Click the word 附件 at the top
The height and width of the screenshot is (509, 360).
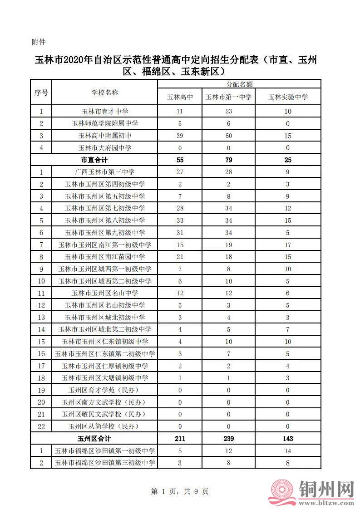(39, 42)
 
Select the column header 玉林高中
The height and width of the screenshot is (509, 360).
(180, 97)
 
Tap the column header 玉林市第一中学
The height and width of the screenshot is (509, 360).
(228, 97)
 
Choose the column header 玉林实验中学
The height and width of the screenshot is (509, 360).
(288, 97)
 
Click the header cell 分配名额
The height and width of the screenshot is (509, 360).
(239, 84)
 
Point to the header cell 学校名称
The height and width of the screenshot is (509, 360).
(105, 93)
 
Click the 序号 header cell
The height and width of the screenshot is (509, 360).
(41, 93)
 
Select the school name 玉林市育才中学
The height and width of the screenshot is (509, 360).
(105, 111)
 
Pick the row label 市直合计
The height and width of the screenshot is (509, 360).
(94, 160)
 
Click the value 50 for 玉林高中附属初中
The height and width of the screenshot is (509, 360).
(228, 136)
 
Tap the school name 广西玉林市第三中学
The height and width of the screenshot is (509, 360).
(105, 172)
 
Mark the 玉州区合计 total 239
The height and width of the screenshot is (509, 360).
(228, 439)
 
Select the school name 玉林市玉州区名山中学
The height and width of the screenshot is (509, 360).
(105, 293)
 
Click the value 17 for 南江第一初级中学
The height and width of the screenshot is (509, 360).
(288, 245)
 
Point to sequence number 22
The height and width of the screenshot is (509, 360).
(41, 426)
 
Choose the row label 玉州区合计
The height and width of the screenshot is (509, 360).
(94, 439)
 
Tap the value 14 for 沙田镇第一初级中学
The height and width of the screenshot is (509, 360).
(288, 451)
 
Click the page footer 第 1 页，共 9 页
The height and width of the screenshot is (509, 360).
(179, 491)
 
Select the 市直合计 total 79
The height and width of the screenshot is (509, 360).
(228, 160)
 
